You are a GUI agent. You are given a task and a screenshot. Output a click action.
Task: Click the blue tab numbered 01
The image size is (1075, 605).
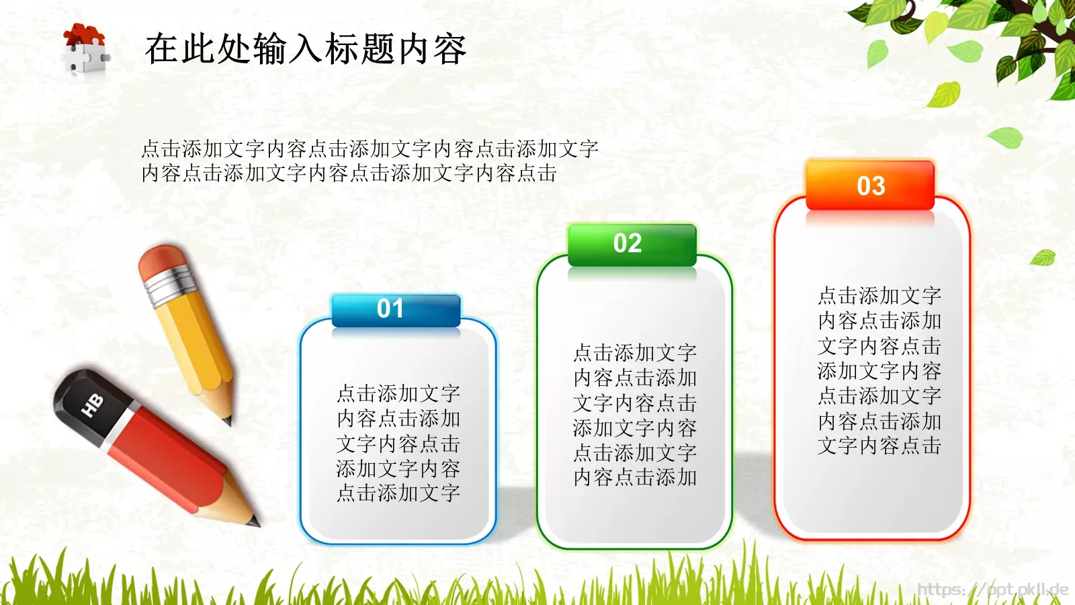tap(396, 311)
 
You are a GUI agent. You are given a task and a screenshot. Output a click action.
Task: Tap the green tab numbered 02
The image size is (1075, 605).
tap(632, 245)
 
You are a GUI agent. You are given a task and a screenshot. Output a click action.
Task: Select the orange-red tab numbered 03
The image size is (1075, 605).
tap(870, 185)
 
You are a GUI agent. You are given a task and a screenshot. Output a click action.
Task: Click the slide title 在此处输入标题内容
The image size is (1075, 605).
tap(306, 49)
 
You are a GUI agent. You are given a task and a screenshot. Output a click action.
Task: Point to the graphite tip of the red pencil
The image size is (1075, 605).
tap(255, 522)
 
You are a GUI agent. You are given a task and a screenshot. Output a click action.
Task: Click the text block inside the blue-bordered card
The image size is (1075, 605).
tap(398, 443)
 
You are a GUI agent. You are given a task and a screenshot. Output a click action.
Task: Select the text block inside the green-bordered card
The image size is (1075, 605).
tap(635, 415)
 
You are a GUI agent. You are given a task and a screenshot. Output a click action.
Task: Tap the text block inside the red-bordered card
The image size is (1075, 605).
tap(879, 370)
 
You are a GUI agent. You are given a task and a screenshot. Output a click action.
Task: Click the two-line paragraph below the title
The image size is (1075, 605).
tap(370, 161)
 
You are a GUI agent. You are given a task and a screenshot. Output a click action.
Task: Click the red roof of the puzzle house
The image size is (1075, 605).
tap(85, 34)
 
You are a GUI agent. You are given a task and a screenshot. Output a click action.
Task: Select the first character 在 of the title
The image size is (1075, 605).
tap(162, 49)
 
